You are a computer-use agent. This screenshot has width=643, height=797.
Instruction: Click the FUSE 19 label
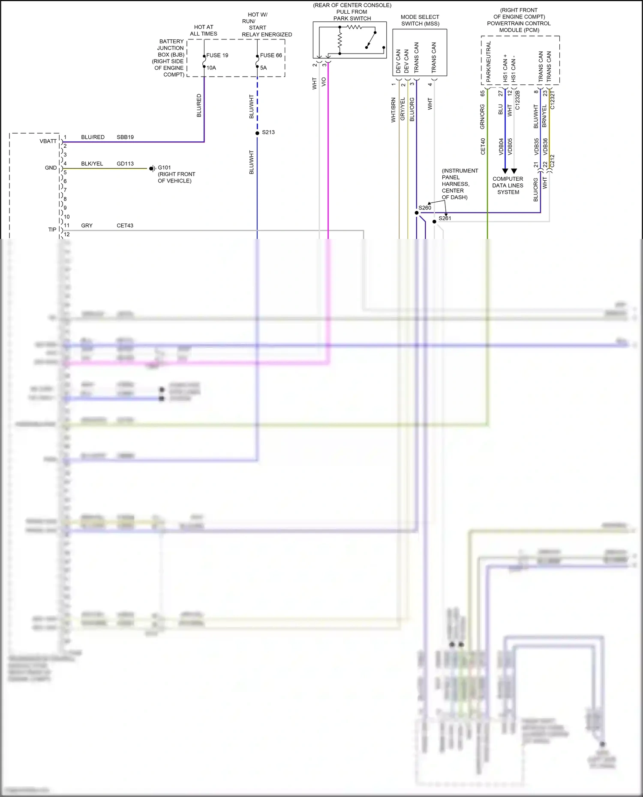217,55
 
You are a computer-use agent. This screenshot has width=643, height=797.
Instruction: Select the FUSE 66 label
271,55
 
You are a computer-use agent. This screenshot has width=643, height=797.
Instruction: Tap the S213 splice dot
257,133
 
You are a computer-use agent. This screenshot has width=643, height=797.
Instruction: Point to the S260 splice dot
417,213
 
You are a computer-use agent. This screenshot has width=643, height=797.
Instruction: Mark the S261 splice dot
434,221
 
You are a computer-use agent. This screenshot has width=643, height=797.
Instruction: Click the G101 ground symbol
152,169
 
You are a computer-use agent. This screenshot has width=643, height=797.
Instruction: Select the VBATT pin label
48,141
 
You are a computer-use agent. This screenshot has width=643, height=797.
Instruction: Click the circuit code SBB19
125,137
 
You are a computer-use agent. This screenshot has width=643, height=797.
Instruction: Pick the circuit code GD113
125,164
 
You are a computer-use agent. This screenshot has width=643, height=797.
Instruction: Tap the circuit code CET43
125,225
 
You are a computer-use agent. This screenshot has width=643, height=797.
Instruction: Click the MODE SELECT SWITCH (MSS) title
420,20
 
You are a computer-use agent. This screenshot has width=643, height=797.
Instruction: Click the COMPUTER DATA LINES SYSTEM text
508,185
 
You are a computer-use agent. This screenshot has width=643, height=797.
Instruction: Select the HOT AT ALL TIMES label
204,30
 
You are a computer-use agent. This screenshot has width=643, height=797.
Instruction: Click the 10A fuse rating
211,68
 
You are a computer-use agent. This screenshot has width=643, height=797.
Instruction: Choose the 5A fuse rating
263,68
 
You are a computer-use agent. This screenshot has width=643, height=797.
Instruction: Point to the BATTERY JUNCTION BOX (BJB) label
170,58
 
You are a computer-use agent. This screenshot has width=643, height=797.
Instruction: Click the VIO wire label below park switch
324,82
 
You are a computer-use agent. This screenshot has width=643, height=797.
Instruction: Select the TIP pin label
52,230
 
